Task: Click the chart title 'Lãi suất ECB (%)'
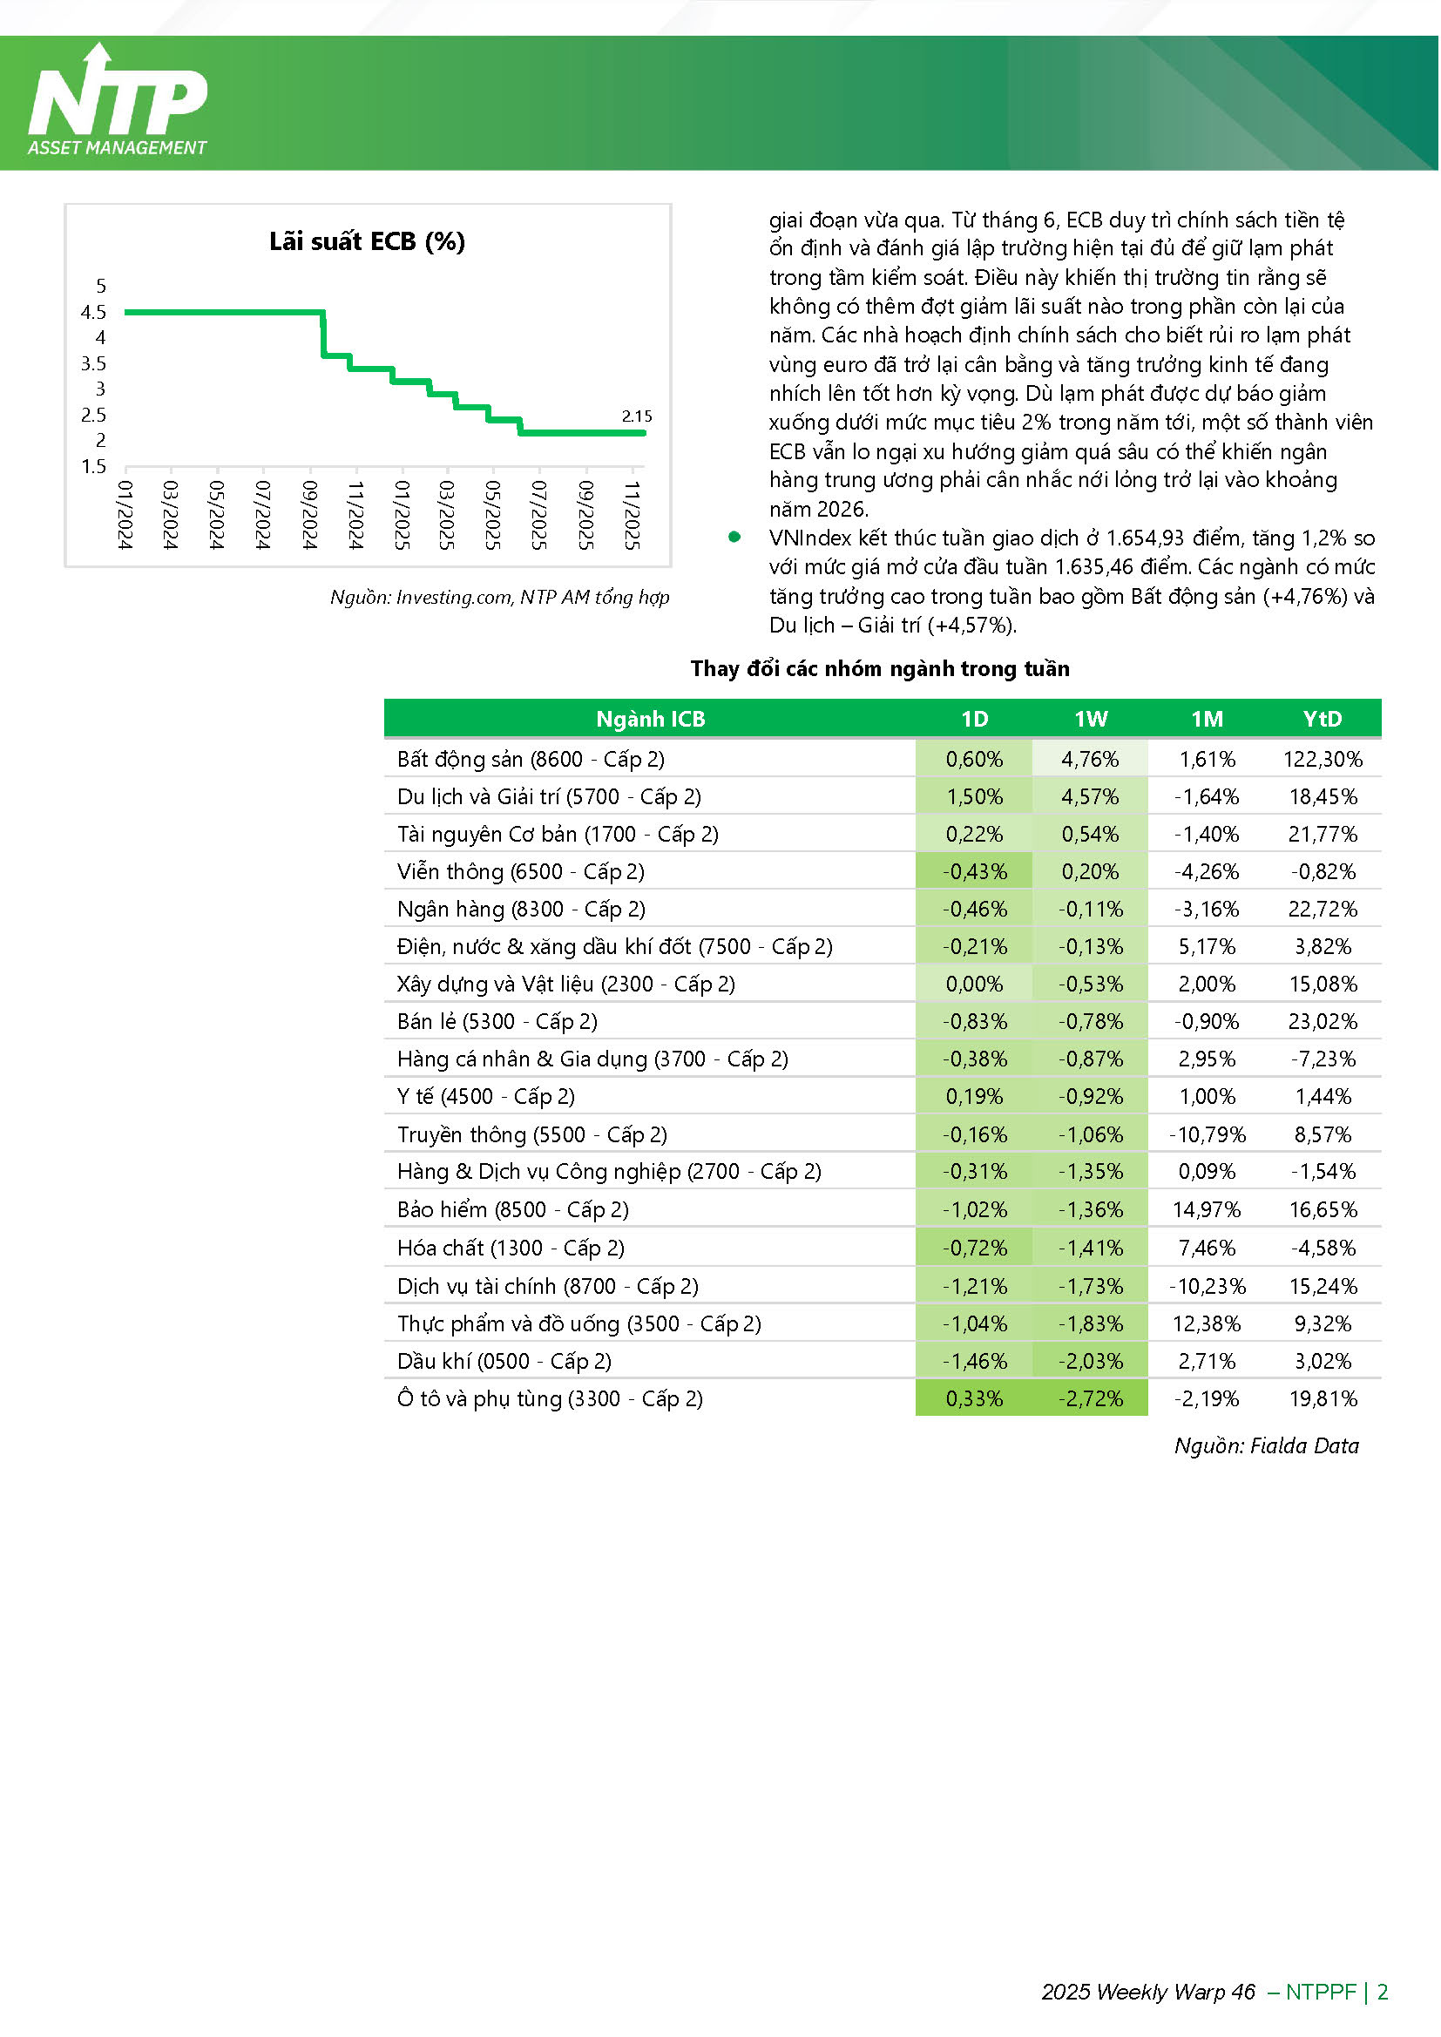368,241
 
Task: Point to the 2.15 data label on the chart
636,416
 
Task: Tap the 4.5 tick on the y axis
93,312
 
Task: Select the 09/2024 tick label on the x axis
309,515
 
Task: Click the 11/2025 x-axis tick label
632,515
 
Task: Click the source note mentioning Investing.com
499,597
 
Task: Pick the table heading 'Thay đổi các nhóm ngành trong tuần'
880,669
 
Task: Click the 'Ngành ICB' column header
651,719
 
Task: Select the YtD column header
1323,719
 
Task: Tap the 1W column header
1091,719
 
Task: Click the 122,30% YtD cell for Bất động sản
1323,760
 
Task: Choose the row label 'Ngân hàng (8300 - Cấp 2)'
522,910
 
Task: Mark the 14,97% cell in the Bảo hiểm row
1208,1210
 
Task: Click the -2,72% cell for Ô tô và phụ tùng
1091,1399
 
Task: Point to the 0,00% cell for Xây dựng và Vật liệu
974,985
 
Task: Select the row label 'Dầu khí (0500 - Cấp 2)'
504,1362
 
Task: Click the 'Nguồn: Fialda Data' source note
1266,1446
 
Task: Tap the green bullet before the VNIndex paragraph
734,537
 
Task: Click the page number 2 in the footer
1383,1992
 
